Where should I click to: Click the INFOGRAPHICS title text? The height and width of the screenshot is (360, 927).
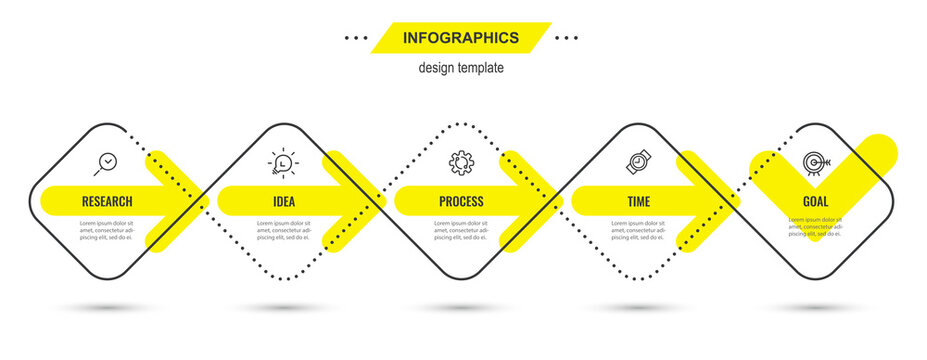(460, 38)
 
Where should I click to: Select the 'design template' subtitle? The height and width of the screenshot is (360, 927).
(461, 68)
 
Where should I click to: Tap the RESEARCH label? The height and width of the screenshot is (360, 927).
(107, 201)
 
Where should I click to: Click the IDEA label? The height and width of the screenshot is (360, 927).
(284, 201)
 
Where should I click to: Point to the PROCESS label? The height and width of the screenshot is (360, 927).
(461, 201)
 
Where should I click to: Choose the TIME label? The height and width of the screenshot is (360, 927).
(638, 201)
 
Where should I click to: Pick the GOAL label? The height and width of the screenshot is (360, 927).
(815, 201)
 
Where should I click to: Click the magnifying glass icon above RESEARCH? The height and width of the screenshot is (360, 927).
(106, 162)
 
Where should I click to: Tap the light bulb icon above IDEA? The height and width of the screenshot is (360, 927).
(283, 162)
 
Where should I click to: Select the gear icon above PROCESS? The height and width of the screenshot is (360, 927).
(461, 161)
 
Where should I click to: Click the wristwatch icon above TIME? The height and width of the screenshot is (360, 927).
(638, 161)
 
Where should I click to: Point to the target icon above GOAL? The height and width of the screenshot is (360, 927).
(814, 162)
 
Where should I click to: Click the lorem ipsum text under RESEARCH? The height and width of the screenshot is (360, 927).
(107, 230)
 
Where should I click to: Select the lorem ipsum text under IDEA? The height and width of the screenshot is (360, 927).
(284, 230)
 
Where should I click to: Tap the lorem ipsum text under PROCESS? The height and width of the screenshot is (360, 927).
(461, 230)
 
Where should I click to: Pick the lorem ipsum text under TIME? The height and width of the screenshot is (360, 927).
(638, 230)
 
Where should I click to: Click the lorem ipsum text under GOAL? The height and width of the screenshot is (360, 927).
(815, 230)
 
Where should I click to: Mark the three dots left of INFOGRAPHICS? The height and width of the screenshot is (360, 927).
(355, 38)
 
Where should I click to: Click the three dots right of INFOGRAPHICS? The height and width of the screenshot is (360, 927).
(567, 38)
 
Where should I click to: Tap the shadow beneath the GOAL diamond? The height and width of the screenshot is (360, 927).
(815, 307)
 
